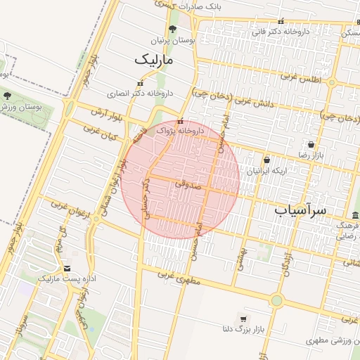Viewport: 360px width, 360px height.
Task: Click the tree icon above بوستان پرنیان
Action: (x=173, y=30)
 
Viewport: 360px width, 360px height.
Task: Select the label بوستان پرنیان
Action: (x=173, y=41)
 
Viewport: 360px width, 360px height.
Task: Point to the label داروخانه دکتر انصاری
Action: (x=140, y=92)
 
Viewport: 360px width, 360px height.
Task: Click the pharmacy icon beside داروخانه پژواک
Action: (x=181, y=121)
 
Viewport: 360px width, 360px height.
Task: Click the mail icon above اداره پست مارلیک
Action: (x=67, y=269)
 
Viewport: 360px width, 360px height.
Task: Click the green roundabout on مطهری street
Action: (x=276, y=301)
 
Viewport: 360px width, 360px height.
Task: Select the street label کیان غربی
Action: (x=98, y=133)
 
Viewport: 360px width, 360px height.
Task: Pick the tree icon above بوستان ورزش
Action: (x=7, y=95)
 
